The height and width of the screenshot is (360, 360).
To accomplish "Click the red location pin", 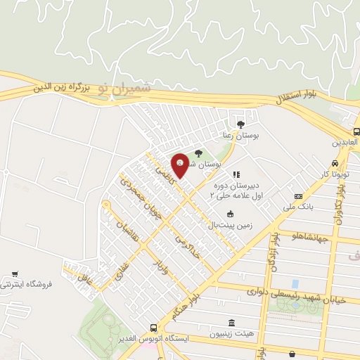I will (x=181, y=165).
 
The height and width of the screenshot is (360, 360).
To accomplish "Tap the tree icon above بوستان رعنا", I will (x=241, y=124).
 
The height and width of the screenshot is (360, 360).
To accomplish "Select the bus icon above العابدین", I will (x=356, y=131).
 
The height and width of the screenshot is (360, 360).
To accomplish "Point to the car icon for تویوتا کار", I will (x=336, y=162).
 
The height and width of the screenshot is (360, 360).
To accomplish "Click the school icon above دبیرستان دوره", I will (x=236, y=174).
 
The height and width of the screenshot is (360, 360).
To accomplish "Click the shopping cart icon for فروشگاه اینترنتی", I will (x=15, y=273).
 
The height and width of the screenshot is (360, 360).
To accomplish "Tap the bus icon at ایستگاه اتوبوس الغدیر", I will (x=153, y=328).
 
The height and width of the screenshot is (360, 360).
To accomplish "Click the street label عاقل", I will (x=85, y=278).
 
